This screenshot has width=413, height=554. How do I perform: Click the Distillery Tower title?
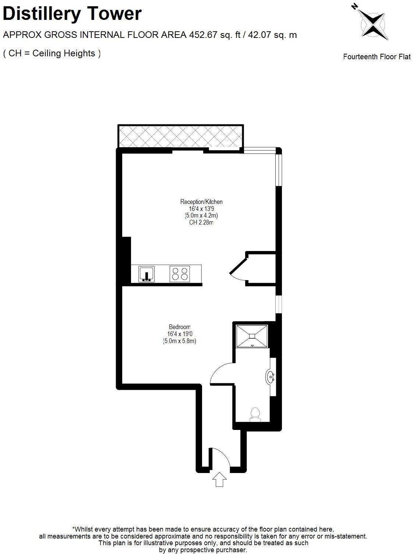coord(72,14)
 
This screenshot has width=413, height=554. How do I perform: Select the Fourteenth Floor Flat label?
coord(377,57)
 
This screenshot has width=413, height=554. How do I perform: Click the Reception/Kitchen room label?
coord(201,202)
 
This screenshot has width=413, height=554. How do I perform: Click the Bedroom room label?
coord(180,327)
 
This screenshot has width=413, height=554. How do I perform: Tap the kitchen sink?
coord(147,274)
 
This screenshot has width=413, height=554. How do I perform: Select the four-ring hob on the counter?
coord(180,274)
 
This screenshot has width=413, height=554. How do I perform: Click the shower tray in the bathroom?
coord(252,336)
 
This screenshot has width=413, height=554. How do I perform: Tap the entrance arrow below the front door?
coord(219,480)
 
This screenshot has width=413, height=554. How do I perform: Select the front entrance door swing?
coord(220,458)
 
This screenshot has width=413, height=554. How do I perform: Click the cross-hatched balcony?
coord(180,137)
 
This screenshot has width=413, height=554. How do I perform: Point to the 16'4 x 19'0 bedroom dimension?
coord(180,334)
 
